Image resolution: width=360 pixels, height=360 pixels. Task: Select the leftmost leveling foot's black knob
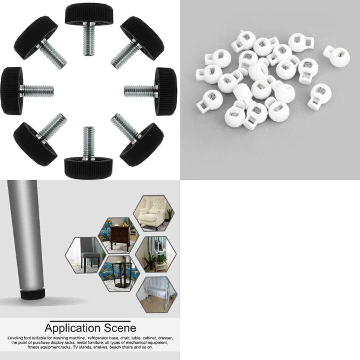click(x=12, y=91)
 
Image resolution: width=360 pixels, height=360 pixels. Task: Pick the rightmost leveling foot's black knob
click(x=166, y=91)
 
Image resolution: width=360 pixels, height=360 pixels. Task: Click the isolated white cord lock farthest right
click(x=337, y=56)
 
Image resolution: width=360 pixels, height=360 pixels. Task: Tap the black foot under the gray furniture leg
click(x=33, y=294)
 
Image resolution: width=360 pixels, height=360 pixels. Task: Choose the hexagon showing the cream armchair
click(x=154, y=213)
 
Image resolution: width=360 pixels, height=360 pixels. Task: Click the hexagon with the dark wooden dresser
click(x=119, y=235)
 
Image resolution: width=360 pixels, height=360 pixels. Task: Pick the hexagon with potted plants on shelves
click(x=156, y=254)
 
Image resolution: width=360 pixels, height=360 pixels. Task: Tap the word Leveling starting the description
click(x=16, y=338)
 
